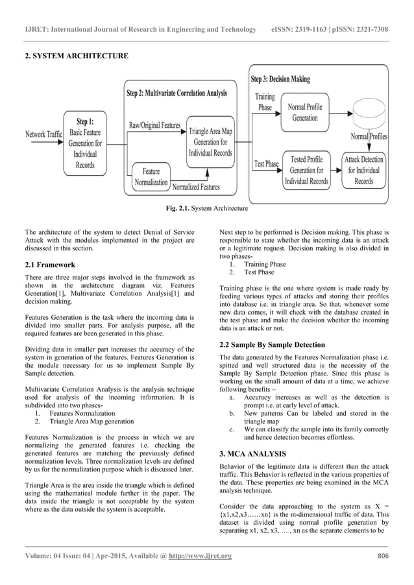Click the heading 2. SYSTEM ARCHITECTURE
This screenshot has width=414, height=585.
[x=76, y=56]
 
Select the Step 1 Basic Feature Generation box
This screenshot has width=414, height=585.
[x=85, y=143]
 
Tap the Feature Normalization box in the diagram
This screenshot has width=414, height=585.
[x=151, y=177]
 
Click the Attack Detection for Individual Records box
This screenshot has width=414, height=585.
[x=363, y=171]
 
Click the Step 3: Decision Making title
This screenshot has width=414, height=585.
[x=280, y=79]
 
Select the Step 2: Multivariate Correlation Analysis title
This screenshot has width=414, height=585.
[x=177, y=93]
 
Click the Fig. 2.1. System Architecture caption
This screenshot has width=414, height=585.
[x=206, y=208]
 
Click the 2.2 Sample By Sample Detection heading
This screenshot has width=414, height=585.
[x=272, y=344]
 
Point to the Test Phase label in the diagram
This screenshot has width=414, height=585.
[x=267, y=163]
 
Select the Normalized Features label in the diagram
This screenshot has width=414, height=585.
[x=196, y=187]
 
